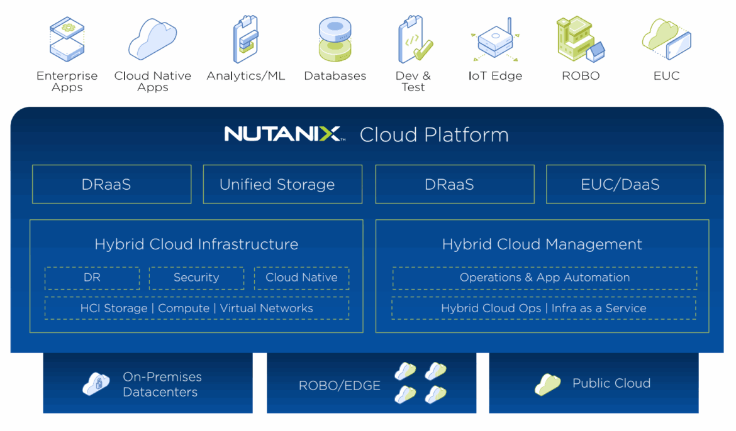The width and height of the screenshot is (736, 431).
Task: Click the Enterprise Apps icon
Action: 67,39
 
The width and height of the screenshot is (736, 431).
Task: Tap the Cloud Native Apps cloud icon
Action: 152,39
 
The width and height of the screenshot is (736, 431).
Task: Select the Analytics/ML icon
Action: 245,39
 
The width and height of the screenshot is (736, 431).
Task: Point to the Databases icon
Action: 335,39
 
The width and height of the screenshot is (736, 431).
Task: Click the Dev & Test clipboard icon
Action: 414,39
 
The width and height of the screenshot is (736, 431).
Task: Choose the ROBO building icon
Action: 580,39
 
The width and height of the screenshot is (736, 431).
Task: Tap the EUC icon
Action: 666,39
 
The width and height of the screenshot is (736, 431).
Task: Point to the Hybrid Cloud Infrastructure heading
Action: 196,244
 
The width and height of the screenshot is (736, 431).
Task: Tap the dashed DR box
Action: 92,278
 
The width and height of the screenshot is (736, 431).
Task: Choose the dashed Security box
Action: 196,278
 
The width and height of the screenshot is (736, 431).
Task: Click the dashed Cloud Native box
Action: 301,278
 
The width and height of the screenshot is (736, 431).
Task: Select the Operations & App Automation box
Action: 544,278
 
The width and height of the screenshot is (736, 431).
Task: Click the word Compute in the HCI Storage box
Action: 184,308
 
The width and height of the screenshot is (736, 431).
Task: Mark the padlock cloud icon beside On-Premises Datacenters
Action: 96,384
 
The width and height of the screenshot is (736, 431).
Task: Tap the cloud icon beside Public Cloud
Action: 547,384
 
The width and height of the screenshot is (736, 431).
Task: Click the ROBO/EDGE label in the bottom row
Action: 340,386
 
